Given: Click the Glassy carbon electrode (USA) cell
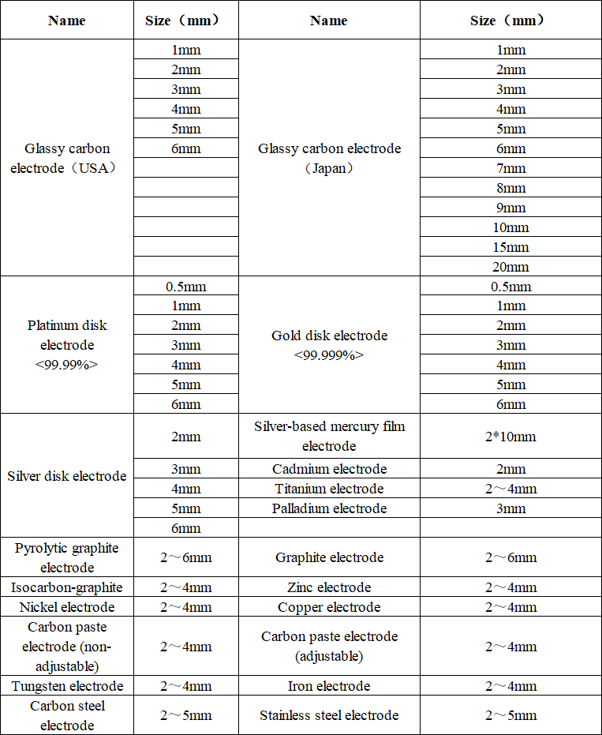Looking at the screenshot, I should tap(67, 158).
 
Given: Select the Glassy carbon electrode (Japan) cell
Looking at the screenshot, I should tap(329, 158).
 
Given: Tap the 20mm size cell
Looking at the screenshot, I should tap(510, 267).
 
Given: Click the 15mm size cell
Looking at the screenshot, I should tap(510, 247).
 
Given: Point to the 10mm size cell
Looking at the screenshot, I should tap(510, 227).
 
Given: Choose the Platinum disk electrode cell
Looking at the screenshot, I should tap(67, 345).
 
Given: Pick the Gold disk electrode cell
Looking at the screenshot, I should tap(329, 345).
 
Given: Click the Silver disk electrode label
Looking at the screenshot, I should tap(67, 476).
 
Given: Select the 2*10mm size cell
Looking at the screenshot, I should tap(510, 437).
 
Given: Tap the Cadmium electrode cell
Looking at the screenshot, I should tap(329, 469).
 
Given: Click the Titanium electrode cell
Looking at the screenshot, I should tap(329, 489).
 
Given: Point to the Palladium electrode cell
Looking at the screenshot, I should tap(329, 508).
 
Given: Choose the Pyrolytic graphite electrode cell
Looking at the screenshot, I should tap(67, 557).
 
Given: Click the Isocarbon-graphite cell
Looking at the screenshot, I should tap(67, 587).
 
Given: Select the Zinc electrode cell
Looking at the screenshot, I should tap(329, 587).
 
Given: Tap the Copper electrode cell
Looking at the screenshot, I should tap(329, 607).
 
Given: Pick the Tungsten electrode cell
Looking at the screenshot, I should tap(67, 686).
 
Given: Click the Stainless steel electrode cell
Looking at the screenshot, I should tap(329, 715).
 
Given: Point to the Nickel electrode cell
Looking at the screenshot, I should tap(67, 607).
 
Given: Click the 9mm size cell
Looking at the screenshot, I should tap(510, 208).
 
